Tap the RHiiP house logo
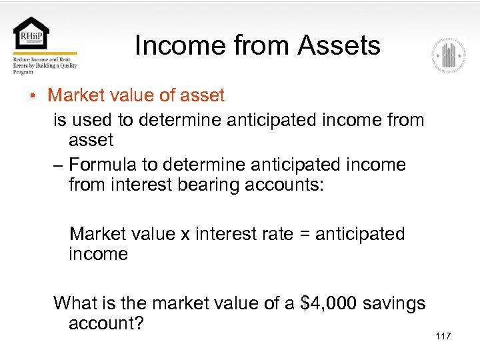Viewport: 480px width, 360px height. click(31, 33)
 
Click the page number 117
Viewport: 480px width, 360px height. click(443, 336)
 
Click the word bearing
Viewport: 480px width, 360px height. click(209, 185)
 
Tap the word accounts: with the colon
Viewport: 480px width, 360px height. click(284, 185)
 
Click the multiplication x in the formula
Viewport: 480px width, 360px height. click(187, 235)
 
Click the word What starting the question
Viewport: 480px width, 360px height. click(74, 303)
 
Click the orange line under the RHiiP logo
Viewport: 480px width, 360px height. click(45, 53)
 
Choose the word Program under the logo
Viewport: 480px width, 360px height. click(23, 72)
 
